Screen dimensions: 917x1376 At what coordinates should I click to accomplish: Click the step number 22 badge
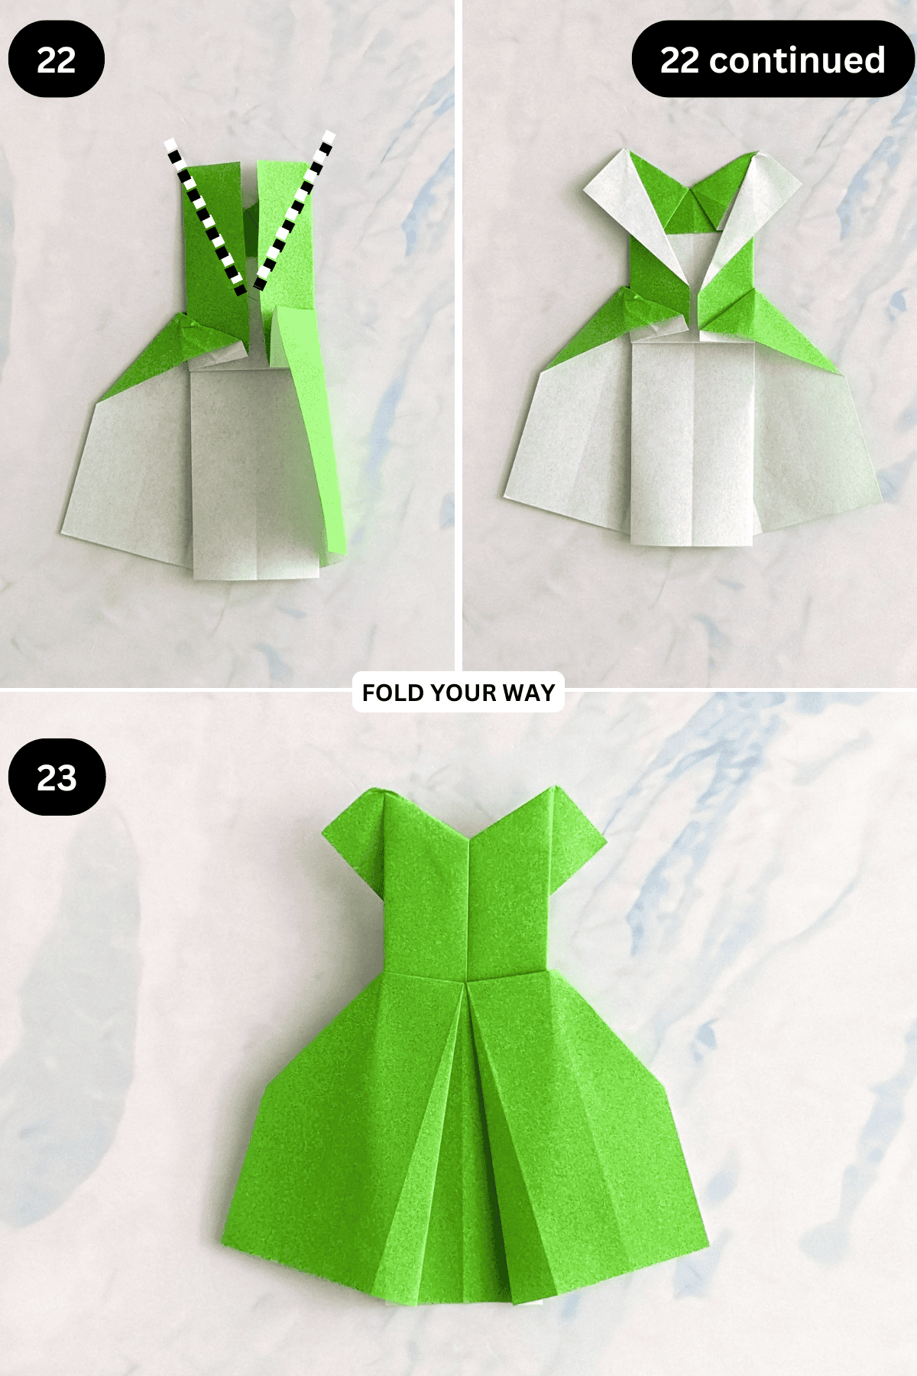(57, 60)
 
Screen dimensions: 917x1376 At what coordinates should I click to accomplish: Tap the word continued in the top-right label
(797, 60)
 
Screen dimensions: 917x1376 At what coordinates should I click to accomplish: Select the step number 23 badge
(57, 777)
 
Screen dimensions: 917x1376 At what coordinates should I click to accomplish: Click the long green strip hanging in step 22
(309, 428)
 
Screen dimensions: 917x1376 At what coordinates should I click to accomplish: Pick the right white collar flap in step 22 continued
(753, 210)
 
